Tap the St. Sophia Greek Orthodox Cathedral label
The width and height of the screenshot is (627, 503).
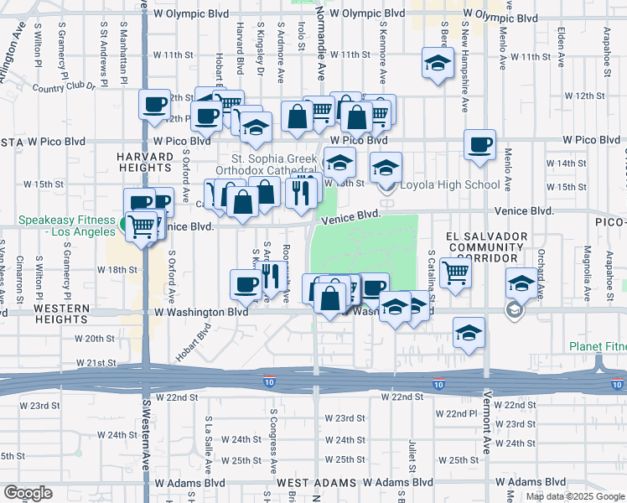click(274, 164)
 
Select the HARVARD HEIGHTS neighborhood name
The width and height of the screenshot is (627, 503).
click(145, 163)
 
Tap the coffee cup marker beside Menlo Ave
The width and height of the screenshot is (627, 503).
click(480, 144)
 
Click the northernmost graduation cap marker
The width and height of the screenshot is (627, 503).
click(437, 64)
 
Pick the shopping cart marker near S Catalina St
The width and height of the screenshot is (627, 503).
click(455, 271)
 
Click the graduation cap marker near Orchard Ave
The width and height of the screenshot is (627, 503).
click(521, 283)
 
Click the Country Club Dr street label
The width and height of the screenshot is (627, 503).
click(66, 86)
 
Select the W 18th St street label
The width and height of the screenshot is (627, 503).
click(117, 270)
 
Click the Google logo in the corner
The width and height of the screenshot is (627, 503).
click(28, 492)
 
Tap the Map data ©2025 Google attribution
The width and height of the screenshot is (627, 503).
click(575, 496)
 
